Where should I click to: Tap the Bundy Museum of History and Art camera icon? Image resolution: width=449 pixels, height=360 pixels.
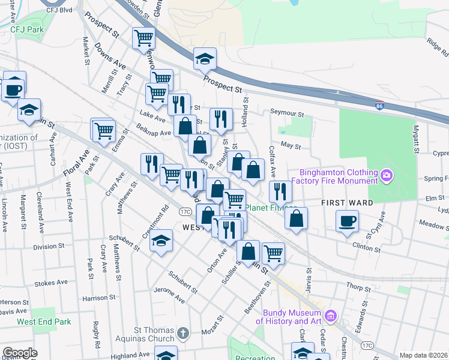[x=330, y=316]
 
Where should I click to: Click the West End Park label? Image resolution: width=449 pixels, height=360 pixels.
[x=44, y=322]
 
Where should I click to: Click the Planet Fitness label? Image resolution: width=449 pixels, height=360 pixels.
[x=271, y=208]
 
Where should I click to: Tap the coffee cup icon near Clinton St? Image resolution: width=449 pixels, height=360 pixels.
[x=347, y=221]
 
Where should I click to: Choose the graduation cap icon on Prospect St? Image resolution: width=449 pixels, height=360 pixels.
[x=205, y=59]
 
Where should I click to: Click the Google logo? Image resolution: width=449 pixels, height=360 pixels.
[x=20, y=353]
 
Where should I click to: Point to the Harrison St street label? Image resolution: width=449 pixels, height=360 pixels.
[x=98, y=298]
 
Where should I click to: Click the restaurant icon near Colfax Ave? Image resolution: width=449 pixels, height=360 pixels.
[x=280, y=192]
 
